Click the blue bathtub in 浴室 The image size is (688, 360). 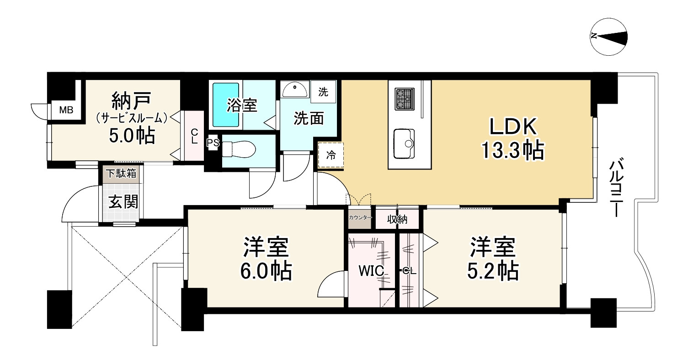point(226,106)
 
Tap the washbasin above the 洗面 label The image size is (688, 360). point(294,90)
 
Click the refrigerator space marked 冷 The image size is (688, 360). point(330,155)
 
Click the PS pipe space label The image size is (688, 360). point(213,143)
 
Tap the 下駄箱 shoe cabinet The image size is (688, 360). point(121,174)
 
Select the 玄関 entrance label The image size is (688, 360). point(123,201)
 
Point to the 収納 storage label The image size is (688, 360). point(397,220)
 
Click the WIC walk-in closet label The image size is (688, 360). point(373,271)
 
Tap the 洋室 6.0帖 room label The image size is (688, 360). point(266,259)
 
